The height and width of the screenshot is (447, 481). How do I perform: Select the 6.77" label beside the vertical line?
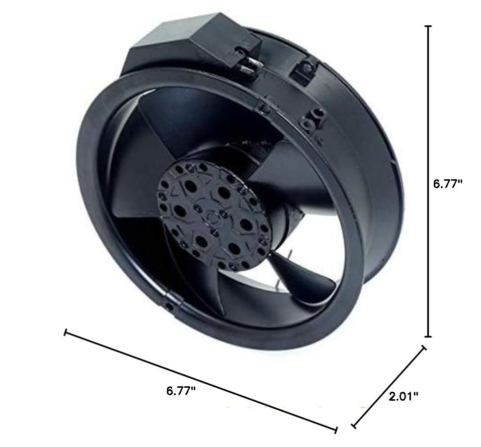pyautogui.click(x=448, y=183)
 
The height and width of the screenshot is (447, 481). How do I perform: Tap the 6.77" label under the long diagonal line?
pyautogui.click(x=180, y=390)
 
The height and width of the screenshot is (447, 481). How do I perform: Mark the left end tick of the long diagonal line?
pyautogui.click(x=65, y=332)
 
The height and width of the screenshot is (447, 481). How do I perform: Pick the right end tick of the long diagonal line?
pyautogui.click(x=337, y=429)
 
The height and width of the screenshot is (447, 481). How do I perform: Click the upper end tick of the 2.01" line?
pyautogui.click(x=424, y=348)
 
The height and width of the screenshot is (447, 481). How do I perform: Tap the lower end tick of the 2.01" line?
pyautogui.click(x=353, y=426)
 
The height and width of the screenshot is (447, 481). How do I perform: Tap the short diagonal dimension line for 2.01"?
pyautogui.click(x=389, y=387)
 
